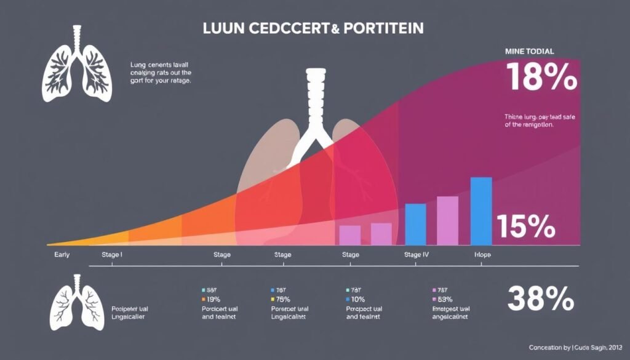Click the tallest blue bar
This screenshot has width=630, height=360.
pyautogui.click(x=481, y=210)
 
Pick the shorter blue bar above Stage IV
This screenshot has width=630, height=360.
pyautogui.click(x=415, y=224)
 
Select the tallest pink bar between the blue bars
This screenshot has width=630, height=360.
pyautogui.click(x=447, y=220)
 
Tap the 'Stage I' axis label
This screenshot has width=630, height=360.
pyautogui.click(x=107, y=254)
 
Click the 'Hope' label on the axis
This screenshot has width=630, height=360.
pyautogui.click(x=482, y=254)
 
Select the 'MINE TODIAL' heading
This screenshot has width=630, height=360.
pyautogui.click(x=529, y=51)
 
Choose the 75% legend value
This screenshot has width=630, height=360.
pyautogui.click(x=284, y=299)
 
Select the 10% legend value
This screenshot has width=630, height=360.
pyautogui.click(x=359, y=299)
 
